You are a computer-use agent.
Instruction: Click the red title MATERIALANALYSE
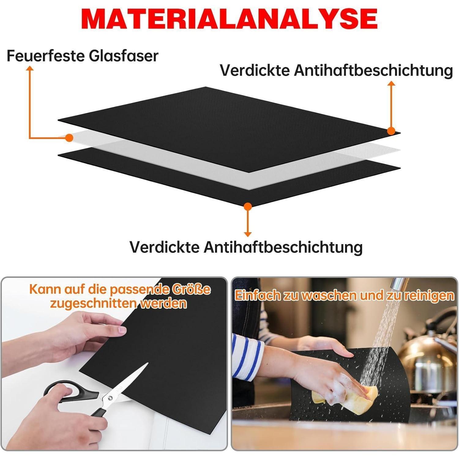pos(229,19)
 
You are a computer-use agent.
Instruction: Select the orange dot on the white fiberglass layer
pos(69,138)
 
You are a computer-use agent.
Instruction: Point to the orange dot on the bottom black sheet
pos(248,206)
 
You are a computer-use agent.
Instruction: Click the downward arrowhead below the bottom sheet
pos(248,234)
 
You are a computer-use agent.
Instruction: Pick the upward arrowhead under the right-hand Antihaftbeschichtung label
pos(391,83)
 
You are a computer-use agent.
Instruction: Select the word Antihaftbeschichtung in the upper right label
pos(373,71)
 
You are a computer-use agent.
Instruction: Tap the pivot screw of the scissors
pos(110,397)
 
